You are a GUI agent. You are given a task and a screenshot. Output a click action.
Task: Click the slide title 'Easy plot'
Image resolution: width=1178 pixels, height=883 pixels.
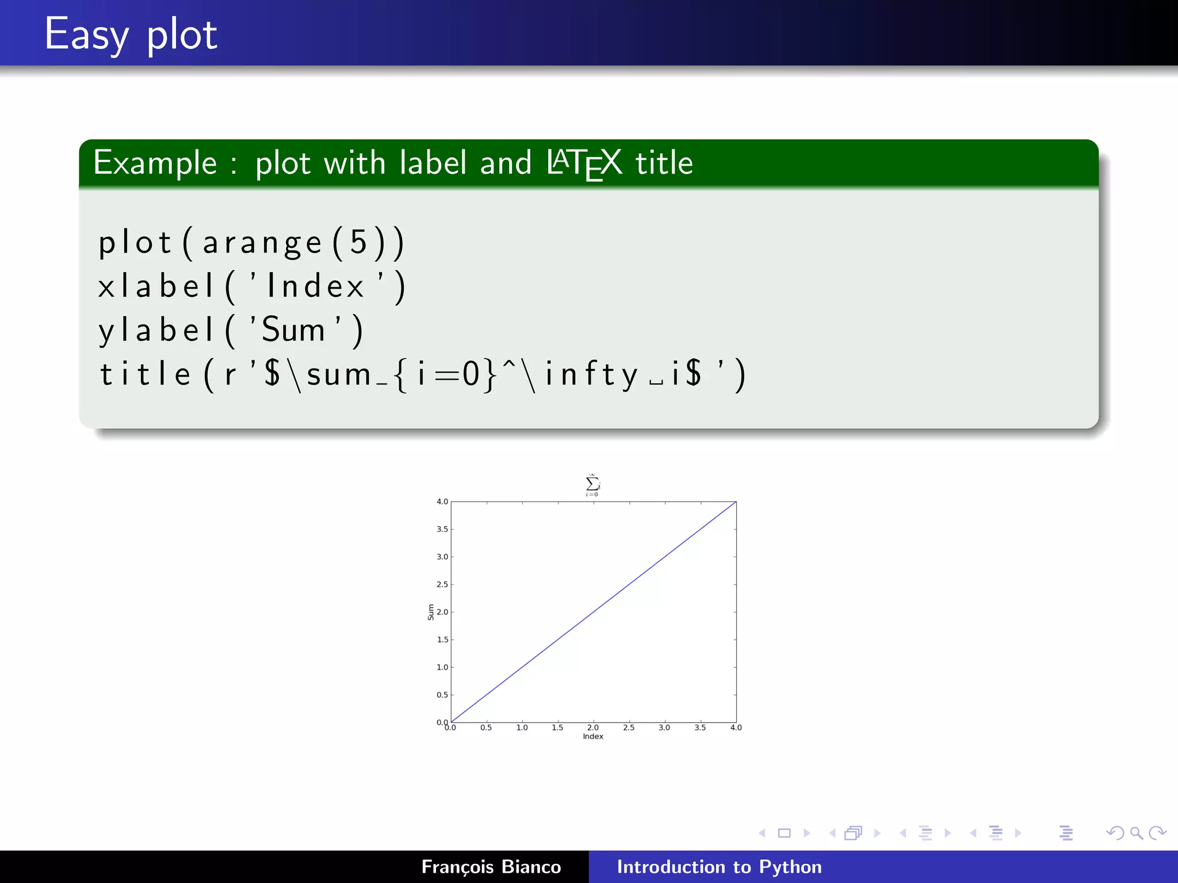pos(131,34)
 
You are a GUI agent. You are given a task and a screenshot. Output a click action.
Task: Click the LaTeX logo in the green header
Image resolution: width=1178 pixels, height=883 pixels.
pos(584,163)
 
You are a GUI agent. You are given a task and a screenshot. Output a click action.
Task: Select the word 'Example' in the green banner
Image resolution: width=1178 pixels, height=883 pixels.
pos(155,163)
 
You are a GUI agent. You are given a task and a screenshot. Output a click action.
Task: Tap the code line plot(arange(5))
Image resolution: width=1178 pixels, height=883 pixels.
pos(251,242)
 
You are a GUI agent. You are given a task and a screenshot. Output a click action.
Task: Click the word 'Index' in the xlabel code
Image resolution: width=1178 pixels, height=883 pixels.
pos(315,286)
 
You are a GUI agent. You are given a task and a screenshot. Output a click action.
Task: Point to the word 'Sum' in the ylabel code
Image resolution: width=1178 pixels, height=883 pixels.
pos(293,330)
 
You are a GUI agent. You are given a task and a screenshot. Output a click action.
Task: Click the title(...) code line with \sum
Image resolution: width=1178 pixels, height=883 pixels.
pos(423,374)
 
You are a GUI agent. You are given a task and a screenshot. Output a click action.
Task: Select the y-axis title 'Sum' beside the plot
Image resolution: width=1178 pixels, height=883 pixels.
pos(430,612)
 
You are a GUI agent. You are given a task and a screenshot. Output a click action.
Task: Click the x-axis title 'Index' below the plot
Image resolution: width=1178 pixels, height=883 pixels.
pos(593,736)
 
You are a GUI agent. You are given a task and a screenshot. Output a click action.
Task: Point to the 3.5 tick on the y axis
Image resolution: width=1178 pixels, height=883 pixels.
pos(442,529)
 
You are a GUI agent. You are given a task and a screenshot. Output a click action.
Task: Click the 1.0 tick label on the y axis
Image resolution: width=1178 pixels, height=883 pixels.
pos(442,667)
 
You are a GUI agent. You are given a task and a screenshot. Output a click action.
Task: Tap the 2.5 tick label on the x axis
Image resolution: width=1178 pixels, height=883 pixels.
pos(629,727)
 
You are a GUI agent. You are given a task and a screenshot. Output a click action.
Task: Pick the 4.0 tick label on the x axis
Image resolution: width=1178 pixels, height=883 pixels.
pos(736,727)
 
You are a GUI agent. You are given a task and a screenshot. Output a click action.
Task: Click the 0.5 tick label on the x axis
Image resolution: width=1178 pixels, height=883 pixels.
pos(486,727)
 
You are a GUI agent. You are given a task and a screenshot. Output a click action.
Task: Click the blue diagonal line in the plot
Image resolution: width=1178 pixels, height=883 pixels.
pos(594,612)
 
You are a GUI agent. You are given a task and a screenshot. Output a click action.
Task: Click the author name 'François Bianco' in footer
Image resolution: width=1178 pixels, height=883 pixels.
pos(491,866)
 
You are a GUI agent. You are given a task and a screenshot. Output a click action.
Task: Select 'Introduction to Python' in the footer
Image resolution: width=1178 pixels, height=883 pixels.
pos(719,866)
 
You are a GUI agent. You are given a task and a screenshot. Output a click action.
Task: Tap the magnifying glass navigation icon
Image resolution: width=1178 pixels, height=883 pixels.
pos(1136,833)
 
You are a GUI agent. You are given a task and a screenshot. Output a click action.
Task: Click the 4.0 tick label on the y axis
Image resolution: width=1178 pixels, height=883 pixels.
pos(442,501)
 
